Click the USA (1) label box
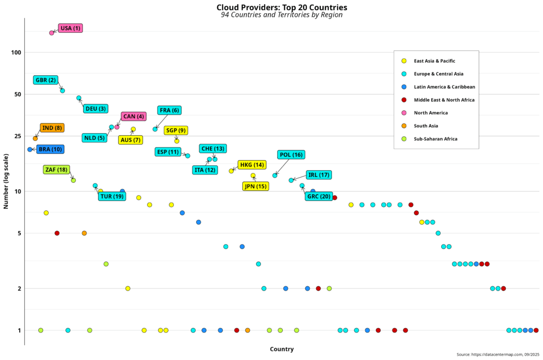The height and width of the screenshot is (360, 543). pyautogui.click(x=71, y=28)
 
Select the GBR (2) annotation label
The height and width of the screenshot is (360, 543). pyautogui.click(x=46, y=80)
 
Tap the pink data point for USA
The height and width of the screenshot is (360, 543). pyautogui.click(x=51, y=33)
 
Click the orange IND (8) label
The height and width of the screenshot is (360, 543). pyautogui.click(x=52, y=128)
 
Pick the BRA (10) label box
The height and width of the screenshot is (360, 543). pyautogui.click(x=50, y=150)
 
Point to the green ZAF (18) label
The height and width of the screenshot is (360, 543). pyautogui.click(x=56, y=170)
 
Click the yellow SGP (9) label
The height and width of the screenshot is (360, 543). pyautogui.click(x=176, y=130)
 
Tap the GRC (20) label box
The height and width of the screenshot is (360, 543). pyautogui.click(x=319, y=196)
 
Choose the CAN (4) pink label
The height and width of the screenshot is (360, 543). pyautogui.click(x=134, y=116)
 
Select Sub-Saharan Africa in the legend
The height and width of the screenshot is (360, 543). pyautogui.click(x=435, y=139)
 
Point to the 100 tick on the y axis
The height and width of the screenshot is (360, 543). pyautogui.click(x=15, y=52)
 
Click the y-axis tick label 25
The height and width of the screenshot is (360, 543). pyautogui.click(x=16, y=136)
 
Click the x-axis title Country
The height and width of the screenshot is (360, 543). pyautogui.click(x=282, y=349)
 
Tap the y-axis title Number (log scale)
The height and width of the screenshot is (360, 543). pyautogui.click(x=6, y=181)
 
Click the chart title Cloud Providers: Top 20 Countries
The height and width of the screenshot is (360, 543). pyautogui.click(x=282, y=7)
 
